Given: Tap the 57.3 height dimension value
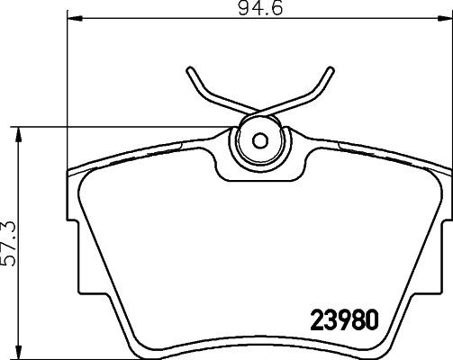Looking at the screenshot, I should pyautogui.click(x=9, y=244).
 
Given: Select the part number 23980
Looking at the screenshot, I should pyautogui.click(x=342, y=319).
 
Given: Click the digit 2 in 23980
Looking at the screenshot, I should pyautogui.click(x=317, y=319).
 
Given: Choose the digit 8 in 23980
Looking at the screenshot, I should pyautogui.click(x=355, y=319).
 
